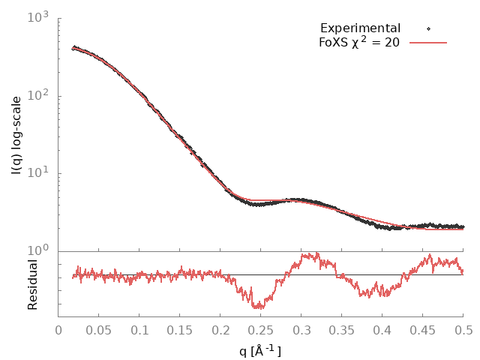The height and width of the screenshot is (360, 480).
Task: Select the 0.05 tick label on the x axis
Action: click(99, 329)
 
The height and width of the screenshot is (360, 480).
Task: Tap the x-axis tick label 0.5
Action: click(463, 329)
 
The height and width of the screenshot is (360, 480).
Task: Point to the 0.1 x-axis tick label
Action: click(139, 329)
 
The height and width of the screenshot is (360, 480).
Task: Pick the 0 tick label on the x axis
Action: click(59, 329)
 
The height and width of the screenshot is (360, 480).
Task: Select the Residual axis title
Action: click(33, 284)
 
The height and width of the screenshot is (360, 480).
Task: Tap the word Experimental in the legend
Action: click(360, 28)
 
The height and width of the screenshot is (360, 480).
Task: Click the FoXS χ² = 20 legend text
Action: click(358, 43)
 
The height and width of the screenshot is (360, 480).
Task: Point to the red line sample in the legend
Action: click(428, 43)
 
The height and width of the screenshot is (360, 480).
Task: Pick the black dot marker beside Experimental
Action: click(428, 28)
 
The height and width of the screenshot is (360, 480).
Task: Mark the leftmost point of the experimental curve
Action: click(73, 49)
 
